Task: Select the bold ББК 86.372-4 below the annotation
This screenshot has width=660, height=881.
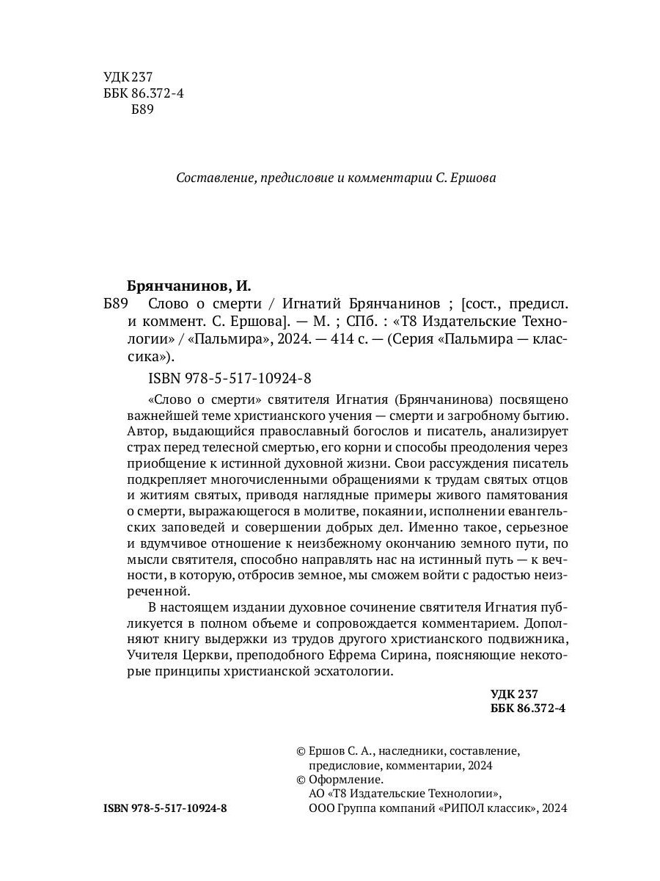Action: [x=527, y=708]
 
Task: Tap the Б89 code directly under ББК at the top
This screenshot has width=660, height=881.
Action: [x=141, y=109]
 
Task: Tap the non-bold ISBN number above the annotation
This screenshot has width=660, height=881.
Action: [x=230, y=378]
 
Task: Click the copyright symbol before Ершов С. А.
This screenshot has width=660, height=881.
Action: [x=300, y=751]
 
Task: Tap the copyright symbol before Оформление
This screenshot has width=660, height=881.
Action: [x=300, y=780]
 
